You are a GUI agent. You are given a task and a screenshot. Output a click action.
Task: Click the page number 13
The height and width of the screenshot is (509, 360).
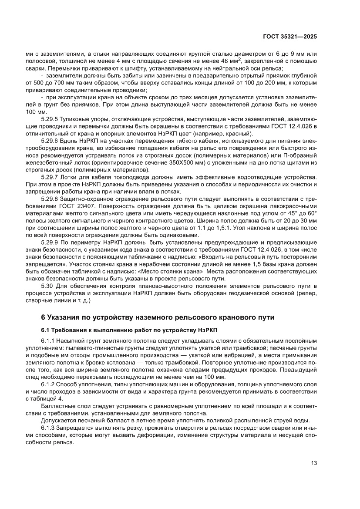click(x=313, y=462)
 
